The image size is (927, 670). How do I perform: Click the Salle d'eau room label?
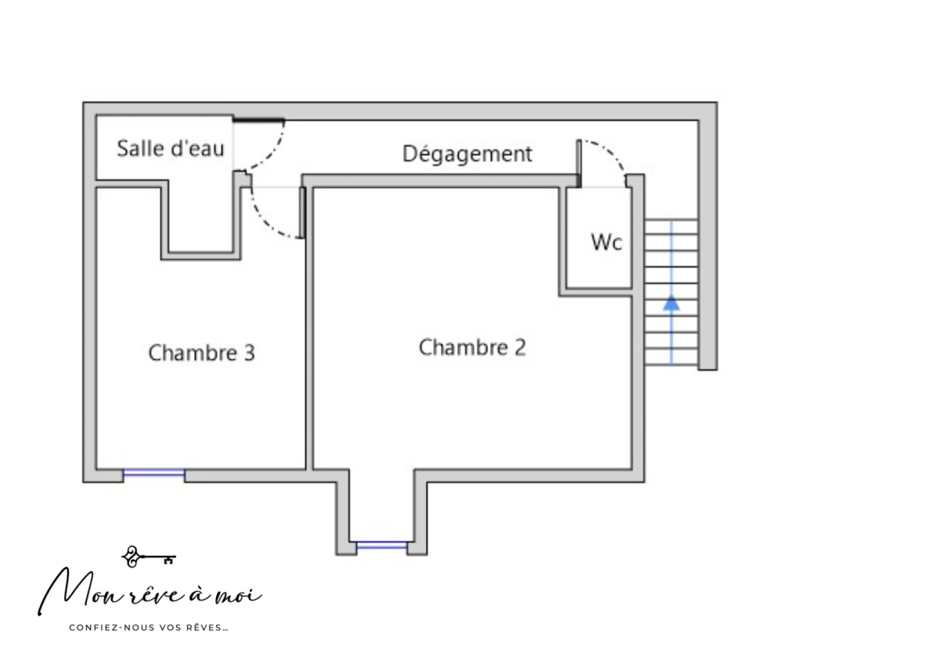pyautogui.click(x=170, y=148)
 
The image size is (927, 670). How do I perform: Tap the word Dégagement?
pyautogui.click(x=467, y=154)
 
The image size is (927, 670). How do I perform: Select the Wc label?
pyautogui.click(x=607, y=242)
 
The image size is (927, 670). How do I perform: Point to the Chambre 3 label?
pyautogui.click(x=202, y=353)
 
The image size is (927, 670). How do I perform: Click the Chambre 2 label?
pyautogui.click(x=472, y=347)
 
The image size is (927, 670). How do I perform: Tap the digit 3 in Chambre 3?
pyautogui.click(x=249, y=353)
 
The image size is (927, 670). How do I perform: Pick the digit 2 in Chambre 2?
pyautogui.click(x=520, y=347)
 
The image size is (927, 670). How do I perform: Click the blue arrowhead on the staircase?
pyautogui.click(x=671, y=303)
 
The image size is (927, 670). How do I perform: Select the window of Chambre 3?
pyautogui.click(x=154, y=474)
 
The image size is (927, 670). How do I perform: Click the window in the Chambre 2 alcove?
pyautogui.click(x=382, y=545)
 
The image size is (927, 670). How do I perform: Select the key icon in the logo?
pyautogui.click(x=148, y=557)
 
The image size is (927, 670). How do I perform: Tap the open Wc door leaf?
pyautogui.click(x=579, y=163)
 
